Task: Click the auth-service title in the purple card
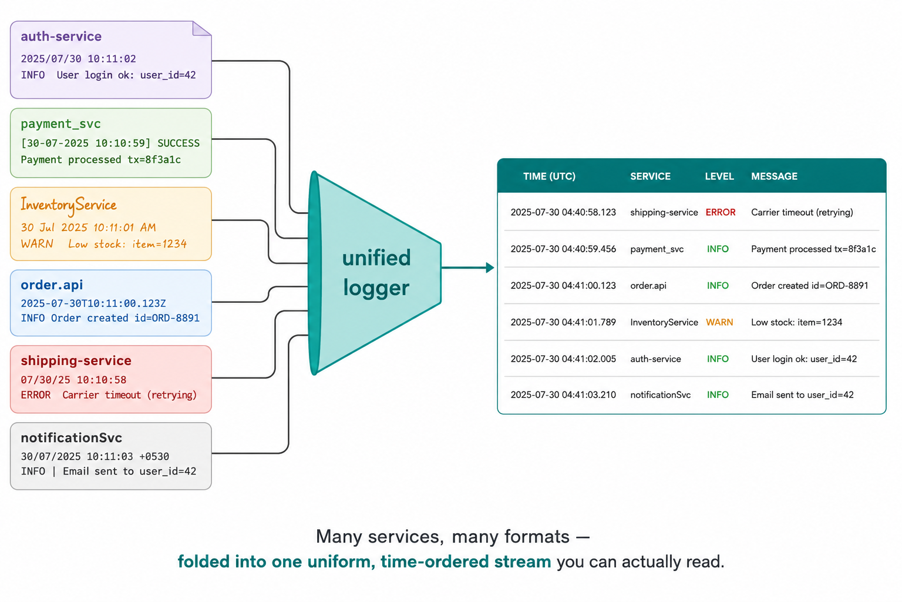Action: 61,36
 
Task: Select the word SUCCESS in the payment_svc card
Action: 179,143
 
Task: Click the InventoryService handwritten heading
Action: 69,205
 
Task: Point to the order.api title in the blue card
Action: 52,285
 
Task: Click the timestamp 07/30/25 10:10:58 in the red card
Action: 73,380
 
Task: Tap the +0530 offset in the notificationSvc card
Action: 154,456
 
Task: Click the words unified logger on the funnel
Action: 376,273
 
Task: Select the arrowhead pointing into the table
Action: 490,267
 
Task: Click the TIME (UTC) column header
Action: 549,176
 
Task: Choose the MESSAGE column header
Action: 774,176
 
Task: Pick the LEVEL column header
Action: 719,176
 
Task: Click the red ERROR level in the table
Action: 721,212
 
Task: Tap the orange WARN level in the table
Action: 719,322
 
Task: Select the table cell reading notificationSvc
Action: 661,394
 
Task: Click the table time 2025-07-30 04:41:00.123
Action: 563,286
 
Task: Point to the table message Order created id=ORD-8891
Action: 809,286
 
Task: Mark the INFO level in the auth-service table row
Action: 718,359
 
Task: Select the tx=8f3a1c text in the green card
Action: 154,160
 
